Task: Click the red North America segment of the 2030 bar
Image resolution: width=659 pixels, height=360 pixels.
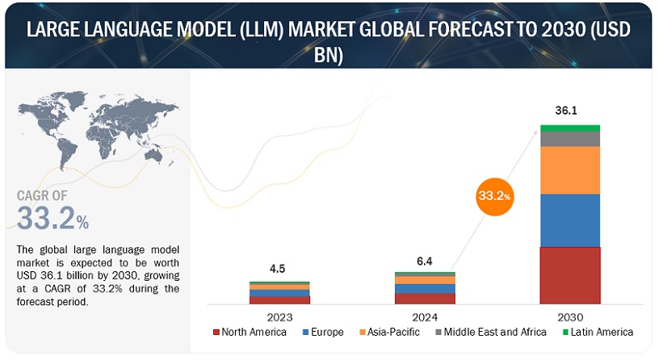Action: (x=570, y=274)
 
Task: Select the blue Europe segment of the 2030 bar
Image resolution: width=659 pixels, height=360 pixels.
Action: (x=570, y=220)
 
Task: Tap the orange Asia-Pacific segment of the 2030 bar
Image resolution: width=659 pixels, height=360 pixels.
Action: (x=570, y=170)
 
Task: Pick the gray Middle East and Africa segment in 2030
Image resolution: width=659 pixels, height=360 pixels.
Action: (x=570, y=138)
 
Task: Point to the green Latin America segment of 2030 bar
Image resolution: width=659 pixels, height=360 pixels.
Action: (x=570, y=128)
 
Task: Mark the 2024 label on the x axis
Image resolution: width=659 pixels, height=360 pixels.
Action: (x=425, y=317)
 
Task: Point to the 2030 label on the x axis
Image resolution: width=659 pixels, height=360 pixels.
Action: (x=570, y=317)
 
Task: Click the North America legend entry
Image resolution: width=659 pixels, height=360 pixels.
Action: (x=250, y=332)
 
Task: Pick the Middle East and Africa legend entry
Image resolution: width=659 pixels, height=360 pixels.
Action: (x=485, y=332)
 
